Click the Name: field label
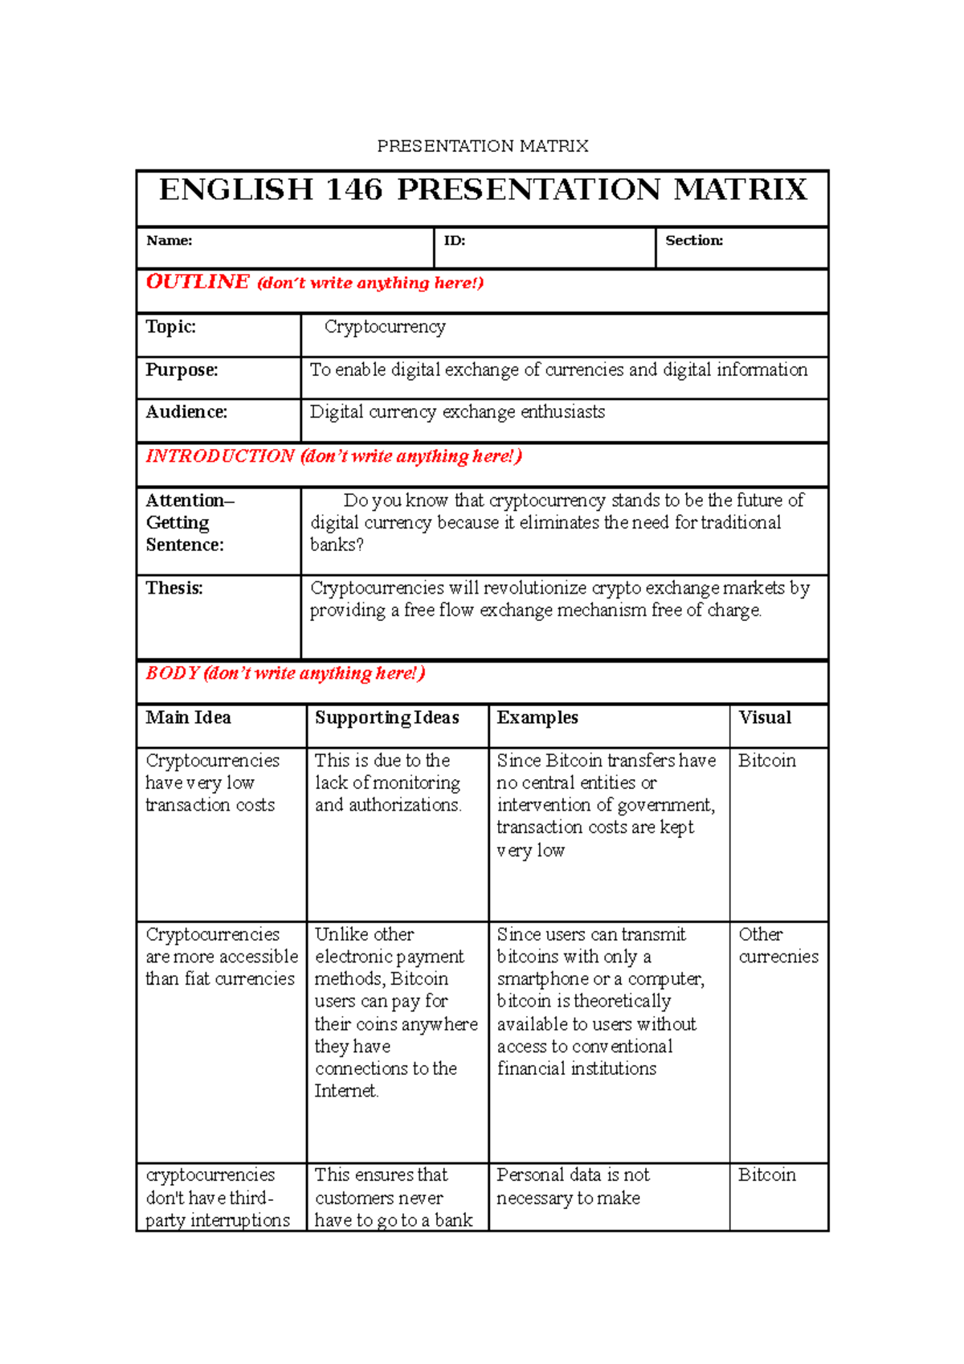coord(169,241)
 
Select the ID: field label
coord(455,241)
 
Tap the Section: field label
coord(694,241)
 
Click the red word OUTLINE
coord(198,283)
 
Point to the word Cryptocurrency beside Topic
coord(385,327)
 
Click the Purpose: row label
coord(182,370)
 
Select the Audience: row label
coord(186,412)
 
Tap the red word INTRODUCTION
coord(220,456)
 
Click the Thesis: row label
coord(174,588)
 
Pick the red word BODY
coord(172,673)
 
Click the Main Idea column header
coord(188,717)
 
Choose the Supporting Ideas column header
coord(386,717)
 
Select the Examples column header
coord(537,717)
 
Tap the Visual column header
coord(765,717)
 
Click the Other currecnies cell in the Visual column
coord(778,945)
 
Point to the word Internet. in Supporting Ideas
coord(346,1091)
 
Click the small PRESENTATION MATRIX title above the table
coord(483,146)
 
